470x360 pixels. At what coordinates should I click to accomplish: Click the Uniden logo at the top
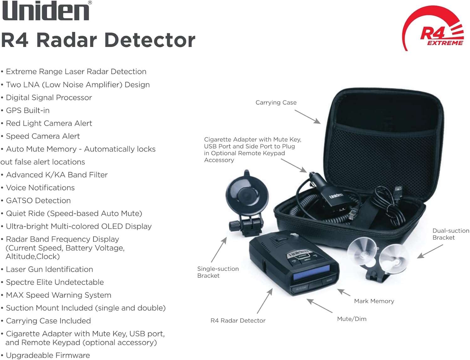46,11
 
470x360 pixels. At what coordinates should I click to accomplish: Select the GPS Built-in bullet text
28,111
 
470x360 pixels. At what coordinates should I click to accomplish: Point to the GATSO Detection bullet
38,201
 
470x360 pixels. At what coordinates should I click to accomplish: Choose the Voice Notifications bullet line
40,188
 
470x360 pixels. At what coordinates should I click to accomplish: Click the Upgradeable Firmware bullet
48,356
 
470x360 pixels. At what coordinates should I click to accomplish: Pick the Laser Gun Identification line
49,270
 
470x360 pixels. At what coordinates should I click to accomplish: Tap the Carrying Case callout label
276,103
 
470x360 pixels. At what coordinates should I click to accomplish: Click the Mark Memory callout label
374,301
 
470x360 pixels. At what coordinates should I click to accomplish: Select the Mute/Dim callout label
352,319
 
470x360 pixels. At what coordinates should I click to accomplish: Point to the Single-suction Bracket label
218,272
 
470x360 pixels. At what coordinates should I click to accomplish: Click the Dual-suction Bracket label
451,234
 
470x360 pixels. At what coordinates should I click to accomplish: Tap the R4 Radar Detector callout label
238,321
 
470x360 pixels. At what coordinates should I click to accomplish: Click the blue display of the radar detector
312,273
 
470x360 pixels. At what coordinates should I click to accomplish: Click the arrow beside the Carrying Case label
307,116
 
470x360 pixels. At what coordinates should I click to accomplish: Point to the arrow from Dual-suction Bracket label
430,251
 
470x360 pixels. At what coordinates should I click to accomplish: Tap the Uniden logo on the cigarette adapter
336,196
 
